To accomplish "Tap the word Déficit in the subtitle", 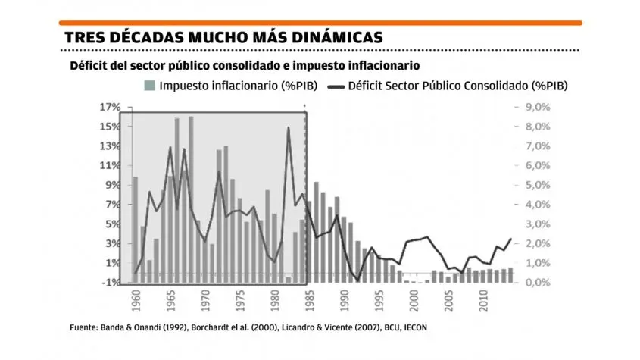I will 90,66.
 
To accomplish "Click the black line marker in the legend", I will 335,86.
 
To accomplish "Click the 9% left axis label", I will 113,185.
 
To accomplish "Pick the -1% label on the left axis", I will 111,282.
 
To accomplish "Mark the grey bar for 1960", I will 136,227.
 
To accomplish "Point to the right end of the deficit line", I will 511,239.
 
